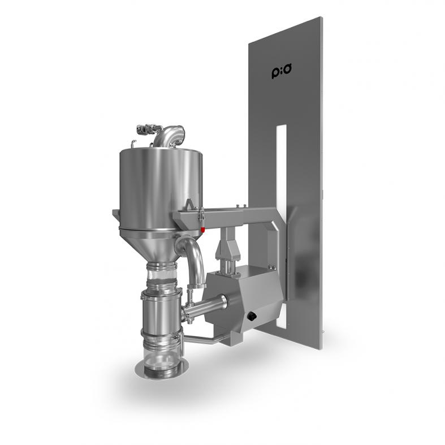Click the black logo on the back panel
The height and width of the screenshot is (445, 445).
(x=282, y=71)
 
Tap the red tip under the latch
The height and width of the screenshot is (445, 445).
(x=202, y=230)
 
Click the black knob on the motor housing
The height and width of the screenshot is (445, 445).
(x=252, y=316)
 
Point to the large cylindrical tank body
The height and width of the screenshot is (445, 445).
(x=161, y=187)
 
